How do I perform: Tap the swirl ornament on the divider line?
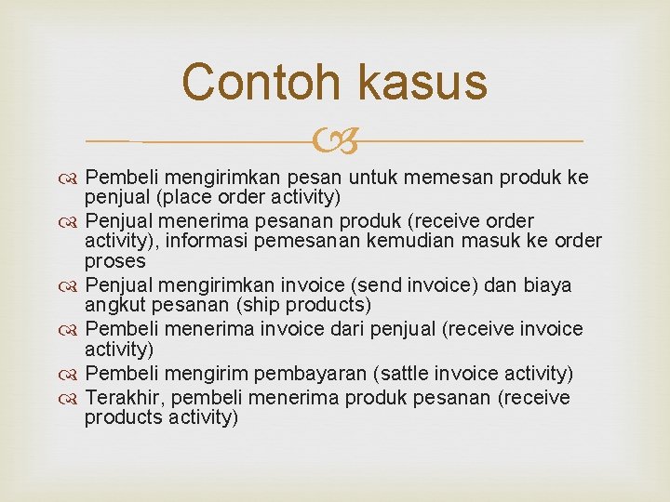335,141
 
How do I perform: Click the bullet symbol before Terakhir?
72,399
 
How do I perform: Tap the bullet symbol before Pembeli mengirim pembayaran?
72,375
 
